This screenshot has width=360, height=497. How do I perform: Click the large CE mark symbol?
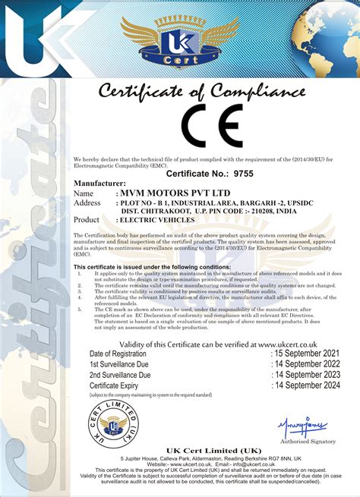213,125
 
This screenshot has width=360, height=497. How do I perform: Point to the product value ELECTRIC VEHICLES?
157,219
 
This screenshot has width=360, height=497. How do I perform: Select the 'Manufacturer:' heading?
99,184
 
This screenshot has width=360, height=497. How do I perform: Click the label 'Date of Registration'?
118,354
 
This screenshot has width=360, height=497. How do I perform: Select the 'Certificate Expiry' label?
116,385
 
